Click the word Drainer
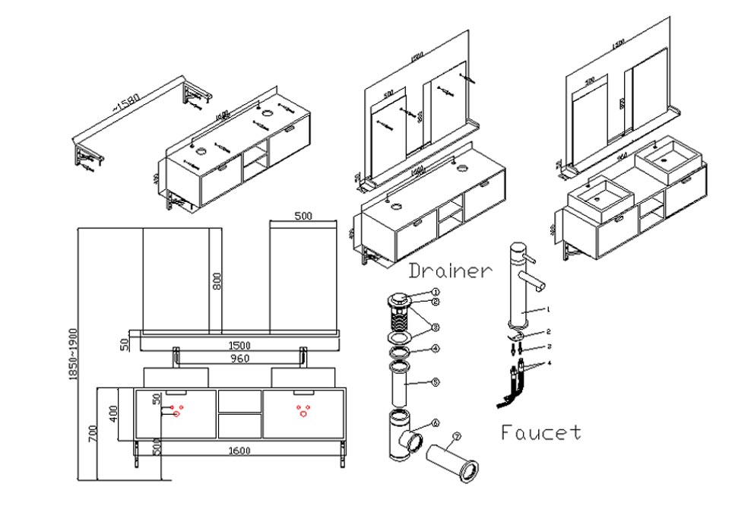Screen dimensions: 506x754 click(x=451, y=270)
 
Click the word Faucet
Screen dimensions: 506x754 click(x=541, y=433)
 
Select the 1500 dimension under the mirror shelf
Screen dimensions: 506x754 click(x=239, y=344)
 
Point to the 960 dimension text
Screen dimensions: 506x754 click(x=239, y=357)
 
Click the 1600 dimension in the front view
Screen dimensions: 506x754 click(x=239, y=451)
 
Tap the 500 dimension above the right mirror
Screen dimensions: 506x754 click(x=303, y=217)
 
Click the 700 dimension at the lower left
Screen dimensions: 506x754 click(x=93, y=434)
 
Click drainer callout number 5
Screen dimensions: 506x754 click(x=435, y=381)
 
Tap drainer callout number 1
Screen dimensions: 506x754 click(x=436, y=292)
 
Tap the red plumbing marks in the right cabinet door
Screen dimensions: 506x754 click(x=303, y=411)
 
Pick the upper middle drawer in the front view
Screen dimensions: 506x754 click(x=239, y=400)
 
